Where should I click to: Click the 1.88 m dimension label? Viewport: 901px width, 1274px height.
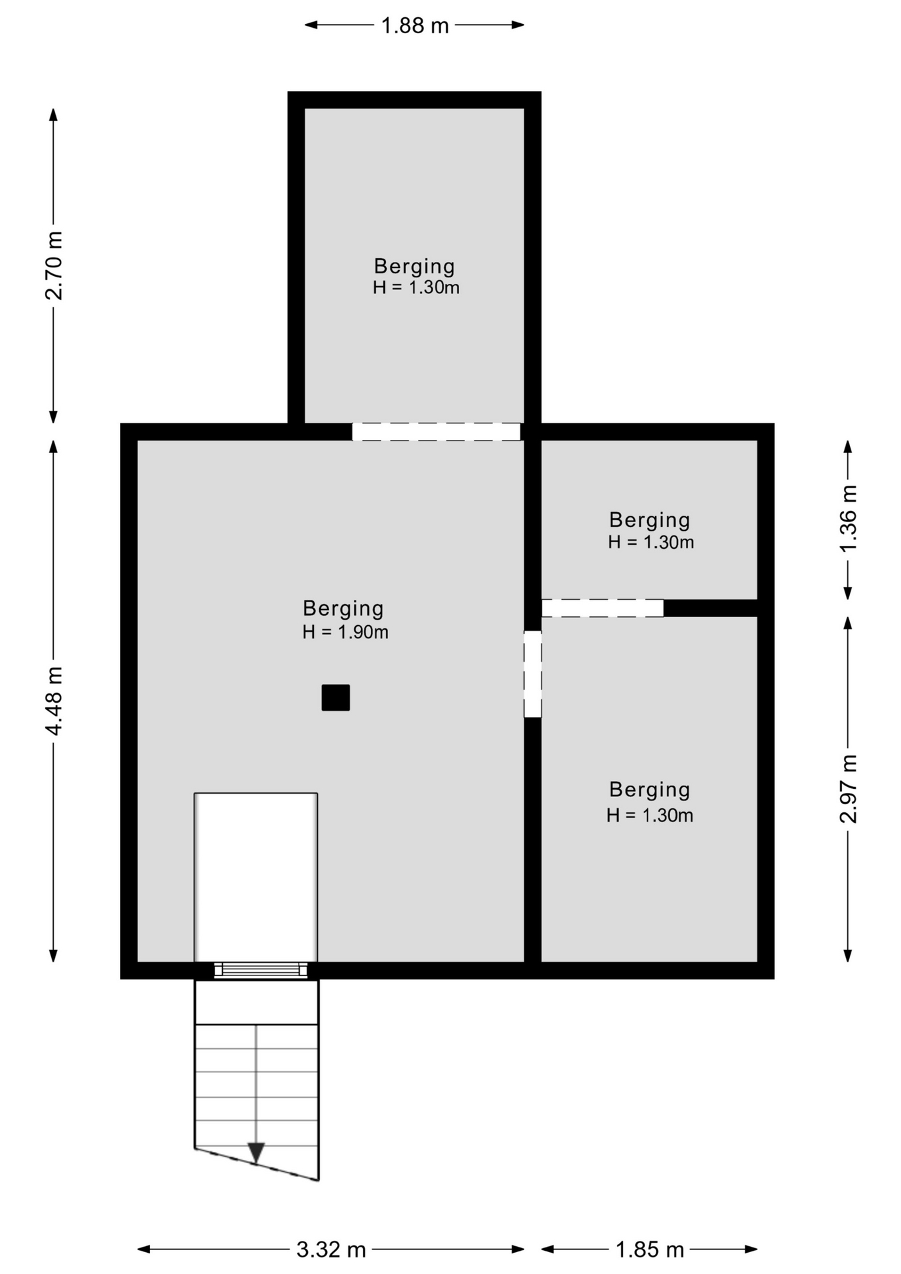click(x=415, y=26)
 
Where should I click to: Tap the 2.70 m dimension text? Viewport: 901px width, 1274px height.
click(x=53, y=265)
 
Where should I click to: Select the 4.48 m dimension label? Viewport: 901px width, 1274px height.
click(x=53, y=701)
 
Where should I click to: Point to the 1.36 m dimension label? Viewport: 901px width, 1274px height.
click(x=848, y=518)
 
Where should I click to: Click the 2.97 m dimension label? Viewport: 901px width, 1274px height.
click(x=848, y=788)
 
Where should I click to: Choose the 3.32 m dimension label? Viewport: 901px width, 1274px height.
click(x=331, y=1250)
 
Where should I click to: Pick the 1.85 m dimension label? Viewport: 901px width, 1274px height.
click(x=650, y=1250)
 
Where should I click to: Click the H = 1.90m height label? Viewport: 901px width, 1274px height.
click(x=345, y=632)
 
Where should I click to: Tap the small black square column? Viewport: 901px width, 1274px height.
click(x=336, y=697)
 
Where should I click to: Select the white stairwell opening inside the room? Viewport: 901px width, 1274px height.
click(x=256, y=877)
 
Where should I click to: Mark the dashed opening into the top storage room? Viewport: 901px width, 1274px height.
click(x=436, y=432)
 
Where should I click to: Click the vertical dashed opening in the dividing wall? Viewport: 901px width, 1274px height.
click(x=533, y=674)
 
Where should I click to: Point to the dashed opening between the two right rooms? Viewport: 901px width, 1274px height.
click(x=602, y=608)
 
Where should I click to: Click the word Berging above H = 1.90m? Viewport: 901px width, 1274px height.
click(x=343, y=608)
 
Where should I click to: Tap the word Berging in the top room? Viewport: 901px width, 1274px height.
click(x=415, y=266)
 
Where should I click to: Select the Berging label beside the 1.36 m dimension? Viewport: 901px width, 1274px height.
click(x=650, y=520)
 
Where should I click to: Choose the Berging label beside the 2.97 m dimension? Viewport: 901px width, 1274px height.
click(x=650, y=790)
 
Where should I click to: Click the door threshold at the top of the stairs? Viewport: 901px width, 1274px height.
click(x=261, y=970)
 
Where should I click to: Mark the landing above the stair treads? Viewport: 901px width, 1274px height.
click(x=257, y=1002)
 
